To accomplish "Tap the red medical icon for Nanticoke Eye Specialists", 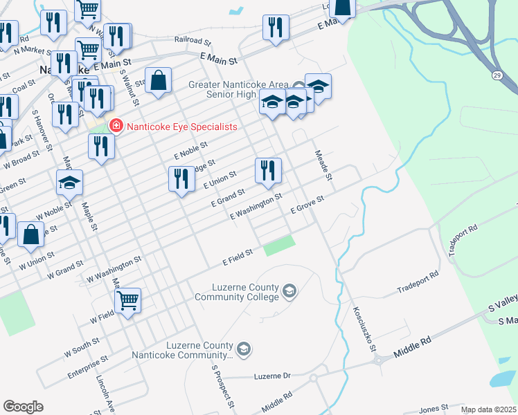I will (116, 126).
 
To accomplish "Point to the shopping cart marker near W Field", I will (127, 301).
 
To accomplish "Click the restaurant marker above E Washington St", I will (268, 170).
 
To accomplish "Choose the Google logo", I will (23, 407).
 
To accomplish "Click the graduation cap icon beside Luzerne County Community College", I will (289, 292).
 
